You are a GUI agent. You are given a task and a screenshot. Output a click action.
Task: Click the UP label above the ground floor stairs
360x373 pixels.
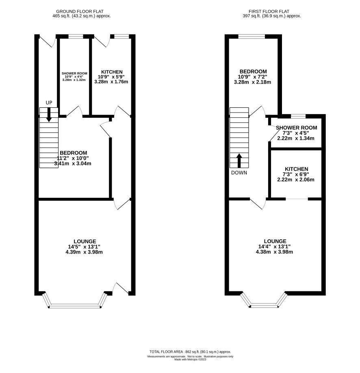[x=49, y=103]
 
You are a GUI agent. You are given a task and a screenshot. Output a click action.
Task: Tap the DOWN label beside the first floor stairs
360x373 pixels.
[x=239, y=173]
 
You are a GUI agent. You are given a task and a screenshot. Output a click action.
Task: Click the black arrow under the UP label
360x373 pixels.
[x=49, y=115]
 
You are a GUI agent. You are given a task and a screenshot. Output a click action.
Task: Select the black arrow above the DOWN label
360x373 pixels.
[x=239, y=160]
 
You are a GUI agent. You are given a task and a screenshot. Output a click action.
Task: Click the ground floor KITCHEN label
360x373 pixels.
[x=112, y=72]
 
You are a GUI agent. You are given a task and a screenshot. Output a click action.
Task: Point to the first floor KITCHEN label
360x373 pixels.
[x=296, y=169]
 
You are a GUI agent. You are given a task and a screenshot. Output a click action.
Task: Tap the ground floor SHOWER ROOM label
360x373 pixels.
[x=74, y=74]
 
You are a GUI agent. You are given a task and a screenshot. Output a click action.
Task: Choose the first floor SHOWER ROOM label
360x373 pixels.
[x=297, y=128]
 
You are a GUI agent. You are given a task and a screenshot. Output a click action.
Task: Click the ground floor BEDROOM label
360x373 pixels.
[x=73, y=153]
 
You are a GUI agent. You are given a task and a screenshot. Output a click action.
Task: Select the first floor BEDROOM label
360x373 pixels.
[x=253, y=72]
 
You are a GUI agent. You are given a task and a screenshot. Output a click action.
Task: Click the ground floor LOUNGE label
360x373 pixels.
[x=85, y=241]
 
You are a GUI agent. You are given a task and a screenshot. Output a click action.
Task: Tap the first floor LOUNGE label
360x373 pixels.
[x=275, y=241]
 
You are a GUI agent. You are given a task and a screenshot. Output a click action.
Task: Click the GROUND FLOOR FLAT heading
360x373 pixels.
[x=80, y=11]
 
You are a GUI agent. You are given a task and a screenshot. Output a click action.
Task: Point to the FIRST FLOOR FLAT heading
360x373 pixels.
[x=269, y=11]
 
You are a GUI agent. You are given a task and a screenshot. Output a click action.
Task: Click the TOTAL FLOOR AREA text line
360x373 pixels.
[x=190, y=351]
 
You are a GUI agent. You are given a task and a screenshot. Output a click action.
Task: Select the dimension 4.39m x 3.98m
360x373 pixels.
[x=84, y=252]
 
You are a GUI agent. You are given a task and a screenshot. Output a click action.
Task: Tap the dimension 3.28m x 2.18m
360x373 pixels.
[x=252, y=82]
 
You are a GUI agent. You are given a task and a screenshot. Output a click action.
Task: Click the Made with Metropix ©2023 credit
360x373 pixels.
[x=190, y=360]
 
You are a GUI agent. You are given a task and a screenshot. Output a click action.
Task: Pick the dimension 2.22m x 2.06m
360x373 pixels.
[x=296, y=180]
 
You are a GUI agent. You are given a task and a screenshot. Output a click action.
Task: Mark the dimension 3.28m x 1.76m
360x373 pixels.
[x=111, y=82]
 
